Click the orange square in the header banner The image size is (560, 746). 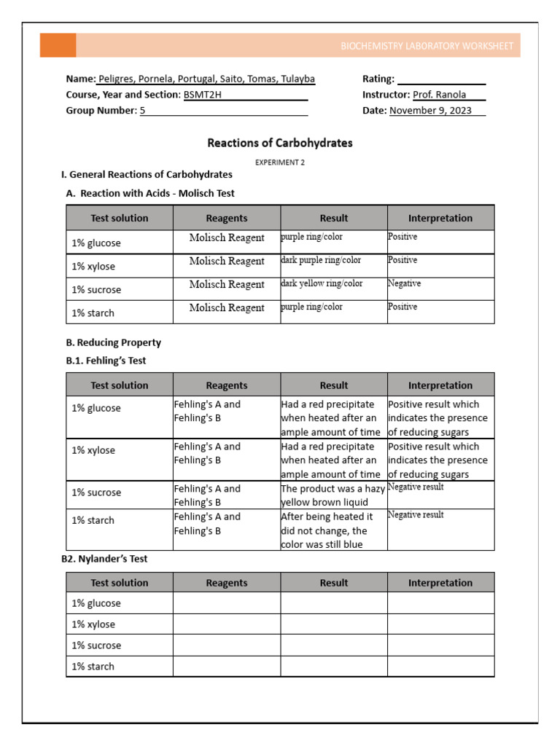[x=58, y=45]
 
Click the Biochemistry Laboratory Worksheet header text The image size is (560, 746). [x=427, y=46]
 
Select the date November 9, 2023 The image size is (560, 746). [x=430, y=111]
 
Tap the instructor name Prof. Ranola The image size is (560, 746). [x=439, y=95]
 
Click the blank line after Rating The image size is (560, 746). [x=441, y=79]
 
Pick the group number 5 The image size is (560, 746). [x=143, y=111]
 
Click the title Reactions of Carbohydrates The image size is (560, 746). [x=280, y=143]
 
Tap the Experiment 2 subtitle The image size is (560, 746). [x=280, y=162]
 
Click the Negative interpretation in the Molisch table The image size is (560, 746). [x=404, y=283]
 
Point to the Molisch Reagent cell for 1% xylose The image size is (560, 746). [x=227, y=261]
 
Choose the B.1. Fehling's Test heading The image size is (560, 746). [x=111, y=361]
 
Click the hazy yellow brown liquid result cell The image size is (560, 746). [x=333, y=495]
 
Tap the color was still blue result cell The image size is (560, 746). [x=333, y=530]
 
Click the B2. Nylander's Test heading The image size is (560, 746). [x=106, y=559]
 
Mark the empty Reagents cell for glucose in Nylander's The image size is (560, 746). [x=227, y=603]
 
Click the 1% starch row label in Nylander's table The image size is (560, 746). [x=93, y=666]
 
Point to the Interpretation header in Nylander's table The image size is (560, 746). [x=440, y=583]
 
